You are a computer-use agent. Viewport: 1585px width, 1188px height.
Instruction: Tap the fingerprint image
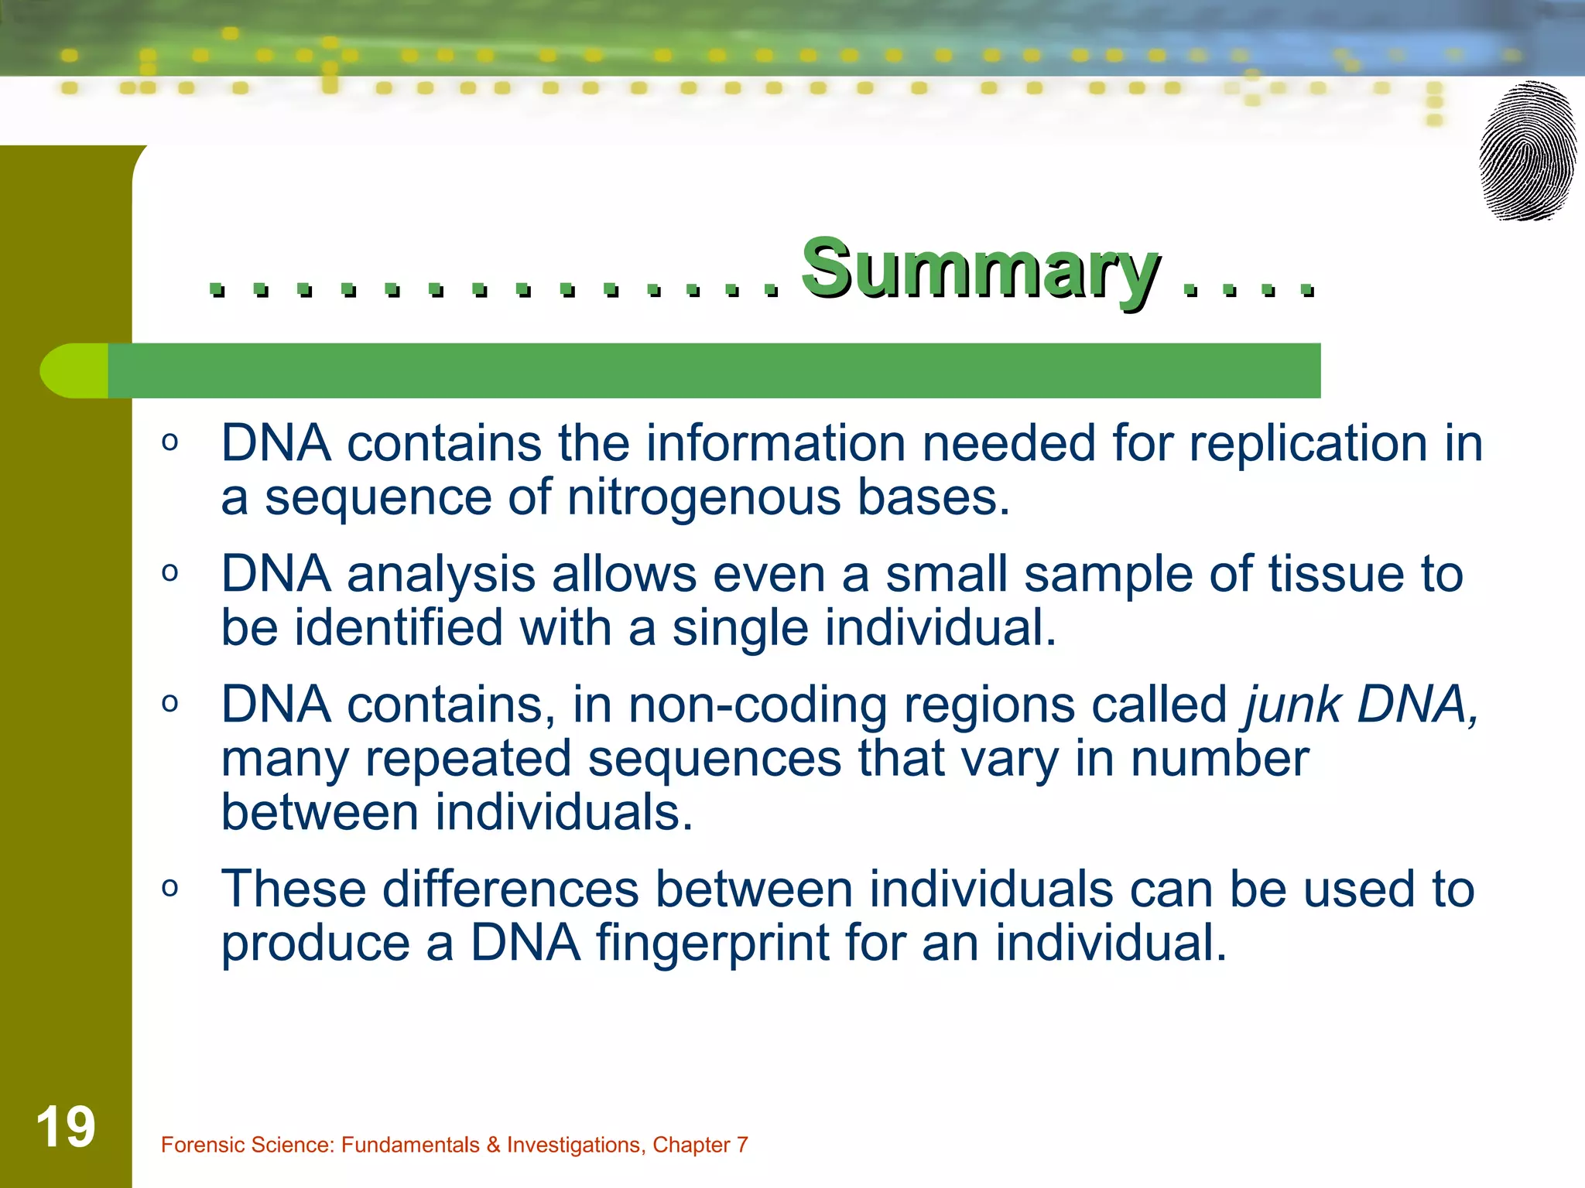pyautogui.click(x=1528, y=152)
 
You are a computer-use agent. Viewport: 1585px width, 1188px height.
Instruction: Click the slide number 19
pyautogui.click(x=66, y=1127)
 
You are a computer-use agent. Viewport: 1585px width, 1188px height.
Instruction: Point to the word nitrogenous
pyautogui.click(x=703, y=497)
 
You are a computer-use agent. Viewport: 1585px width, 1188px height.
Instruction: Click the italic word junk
pyautogui.click(x=1292, y=705)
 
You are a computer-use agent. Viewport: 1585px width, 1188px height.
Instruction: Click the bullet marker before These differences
pyautogui.click(x=170, y=888)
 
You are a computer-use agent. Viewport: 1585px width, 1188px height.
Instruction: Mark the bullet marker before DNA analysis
pyautogui.click(x=170, y=573)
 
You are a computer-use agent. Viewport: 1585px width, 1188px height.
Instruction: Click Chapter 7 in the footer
pyautogui.click(x=700, y=1145)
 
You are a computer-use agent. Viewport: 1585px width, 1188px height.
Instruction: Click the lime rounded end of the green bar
pyautogui.click(x=74, y=370)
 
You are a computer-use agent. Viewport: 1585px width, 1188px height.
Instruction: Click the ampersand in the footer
pyautogui.click(x=493, y=1145)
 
